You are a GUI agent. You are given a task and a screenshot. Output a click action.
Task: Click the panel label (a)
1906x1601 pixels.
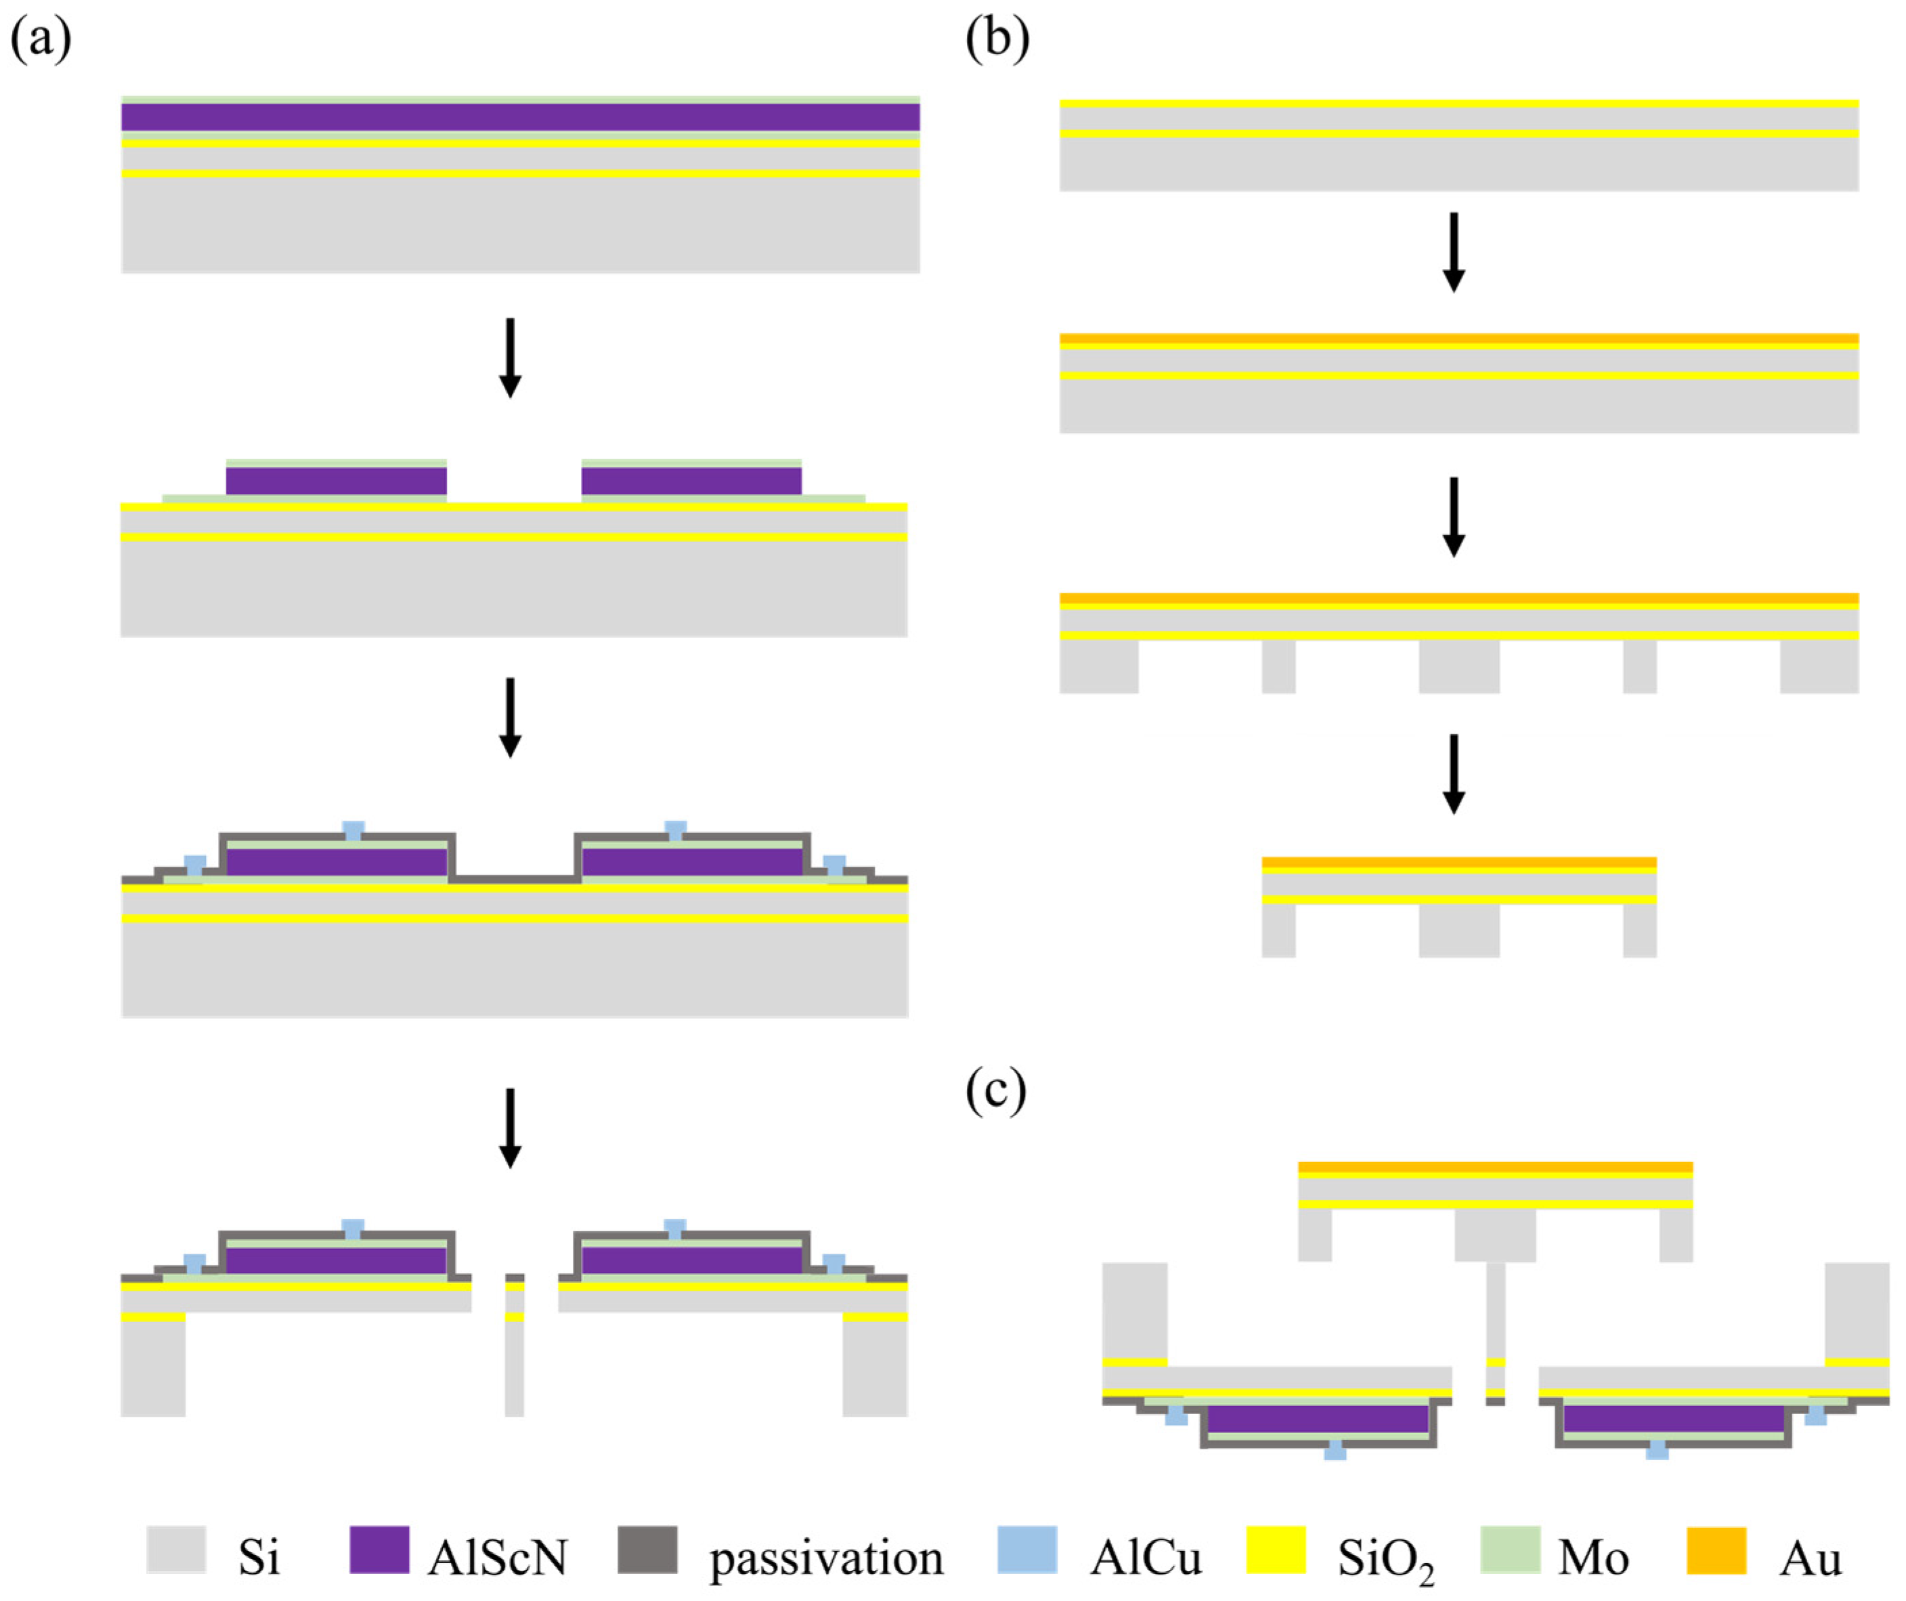(41, 41)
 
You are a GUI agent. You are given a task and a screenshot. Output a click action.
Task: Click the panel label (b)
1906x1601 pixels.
(997, 41)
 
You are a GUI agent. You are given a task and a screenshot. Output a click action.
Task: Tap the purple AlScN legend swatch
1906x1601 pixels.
(379, 1550)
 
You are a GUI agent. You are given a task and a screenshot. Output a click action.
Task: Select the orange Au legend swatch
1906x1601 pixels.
(1716, 1550)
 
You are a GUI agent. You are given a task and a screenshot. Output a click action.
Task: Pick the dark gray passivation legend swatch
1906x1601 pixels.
(647, 1550)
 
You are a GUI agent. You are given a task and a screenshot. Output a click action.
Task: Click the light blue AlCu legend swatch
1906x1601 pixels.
(1026, 1550)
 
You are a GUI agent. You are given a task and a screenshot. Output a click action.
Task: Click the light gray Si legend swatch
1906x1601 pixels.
(176, 1550)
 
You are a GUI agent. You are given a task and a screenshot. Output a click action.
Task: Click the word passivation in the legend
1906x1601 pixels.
(826, 1558)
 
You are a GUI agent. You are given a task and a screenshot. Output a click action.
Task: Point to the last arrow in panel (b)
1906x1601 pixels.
(1454, 773)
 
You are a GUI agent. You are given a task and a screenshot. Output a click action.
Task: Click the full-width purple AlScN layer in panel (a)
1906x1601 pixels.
(520, 117)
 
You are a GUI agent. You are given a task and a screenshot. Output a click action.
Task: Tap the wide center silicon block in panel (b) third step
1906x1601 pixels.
(1458, 666)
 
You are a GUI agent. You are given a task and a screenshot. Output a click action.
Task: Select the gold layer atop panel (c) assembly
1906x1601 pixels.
(1495, 1167)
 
